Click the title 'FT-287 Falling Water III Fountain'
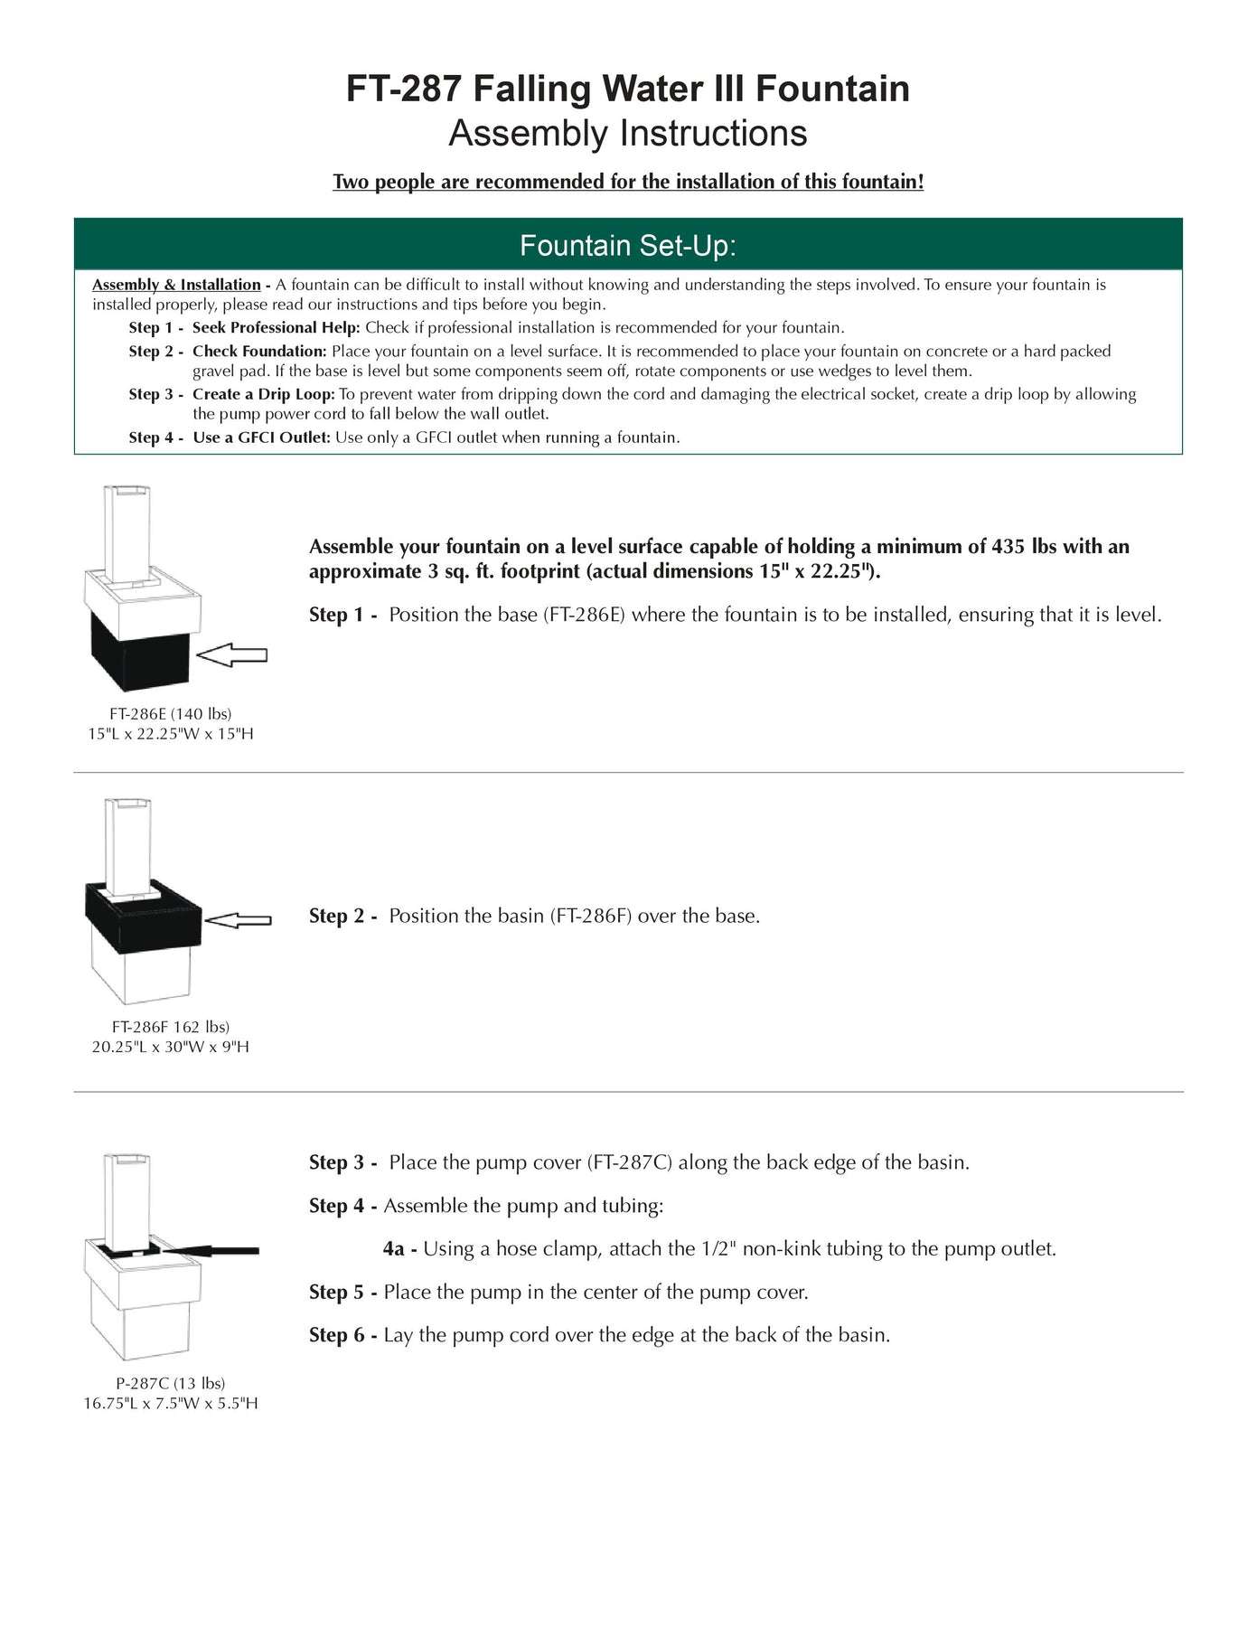click(628, 89)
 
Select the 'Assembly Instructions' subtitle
click(628, 134)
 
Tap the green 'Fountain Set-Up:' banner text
click(628, 245)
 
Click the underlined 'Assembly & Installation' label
click(176, 285)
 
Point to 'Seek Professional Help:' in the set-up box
click(276, 327)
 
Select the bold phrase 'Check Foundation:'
click(259, 351)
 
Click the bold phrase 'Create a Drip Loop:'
click(263, 394)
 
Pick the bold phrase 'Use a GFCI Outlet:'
click(261, 437)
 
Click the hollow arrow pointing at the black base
click(232, 655)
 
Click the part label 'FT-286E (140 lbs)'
click(170, 714)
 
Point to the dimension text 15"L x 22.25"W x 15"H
click(170, 734)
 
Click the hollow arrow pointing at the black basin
click(238, 920)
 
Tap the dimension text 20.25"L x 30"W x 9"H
click(170, 1047)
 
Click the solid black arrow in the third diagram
click(213, 1251)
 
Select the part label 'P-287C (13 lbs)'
click(170, 1383)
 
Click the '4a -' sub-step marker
click(399, 1249)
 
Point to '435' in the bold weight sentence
click(1008, 546)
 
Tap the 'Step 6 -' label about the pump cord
click(342, 1335)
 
